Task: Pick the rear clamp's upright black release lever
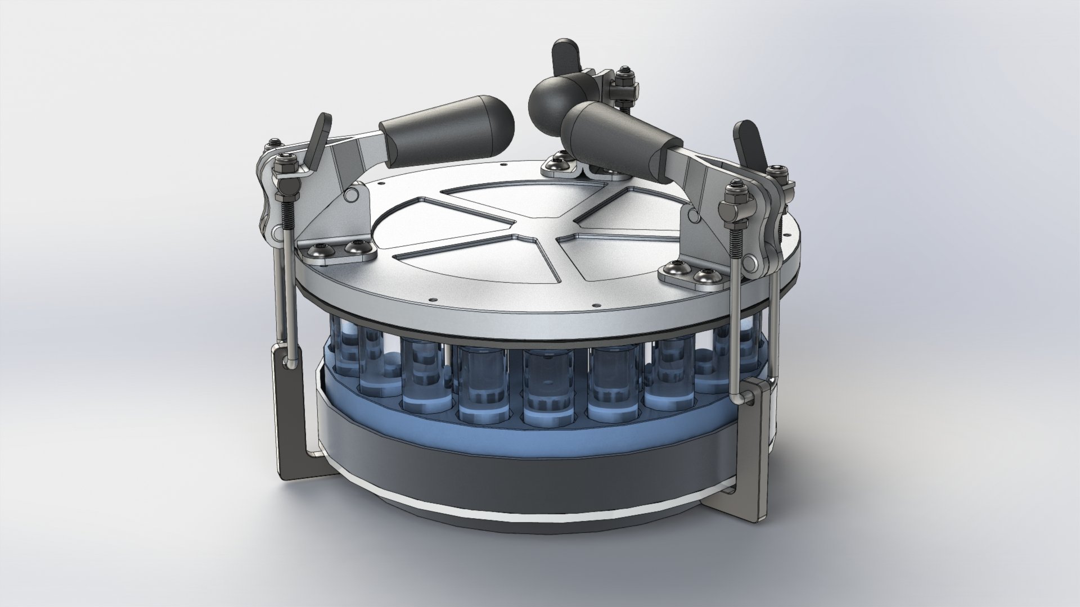[x=562, y=56]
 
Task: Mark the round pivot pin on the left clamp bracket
[x=352, y=194]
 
